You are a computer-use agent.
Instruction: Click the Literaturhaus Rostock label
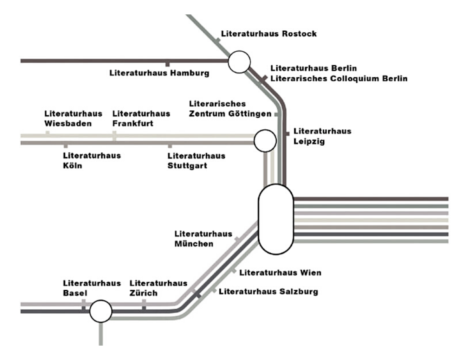click(269, 34)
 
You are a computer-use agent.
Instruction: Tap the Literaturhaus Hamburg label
click(159, 73)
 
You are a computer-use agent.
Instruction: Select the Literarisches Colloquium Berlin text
click(339, 78)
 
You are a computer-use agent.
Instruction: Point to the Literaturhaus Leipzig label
click(322, 136)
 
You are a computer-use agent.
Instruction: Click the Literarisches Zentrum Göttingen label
click(230, 109)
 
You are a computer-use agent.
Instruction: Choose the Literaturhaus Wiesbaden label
click(73, 118)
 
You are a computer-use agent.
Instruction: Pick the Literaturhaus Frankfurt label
click(141, 118)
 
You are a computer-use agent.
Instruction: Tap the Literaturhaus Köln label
click(92, 161)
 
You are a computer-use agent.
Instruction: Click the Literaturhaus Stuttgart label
click(196, 161)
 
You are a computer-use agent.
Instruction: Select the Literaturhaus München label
click(203, 239)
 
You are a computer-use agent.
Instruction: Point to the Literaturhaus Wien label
click(280, 273)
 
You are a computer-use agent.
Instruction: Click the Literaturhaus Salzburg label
click(268, 291)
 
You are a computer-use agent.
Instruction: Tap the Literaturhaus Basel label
click(92, 288)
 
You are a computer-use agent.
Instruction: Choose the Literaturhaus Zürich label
click(158, 288)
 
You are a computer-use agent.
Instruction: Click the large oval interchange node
click(276, 219)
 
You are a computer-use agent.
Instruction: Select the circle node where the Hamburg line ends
click(239, 62)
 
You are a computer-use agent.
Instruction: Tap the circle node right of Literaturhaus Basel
click(101, 311)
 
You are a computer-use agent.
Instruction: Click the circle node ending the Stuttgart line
click(265, 141)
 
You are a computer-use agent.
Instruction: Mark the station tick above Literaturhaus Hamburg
click(168, 64)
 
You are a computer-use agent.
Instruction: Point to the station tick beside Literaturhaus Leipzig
click(287, 133)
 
